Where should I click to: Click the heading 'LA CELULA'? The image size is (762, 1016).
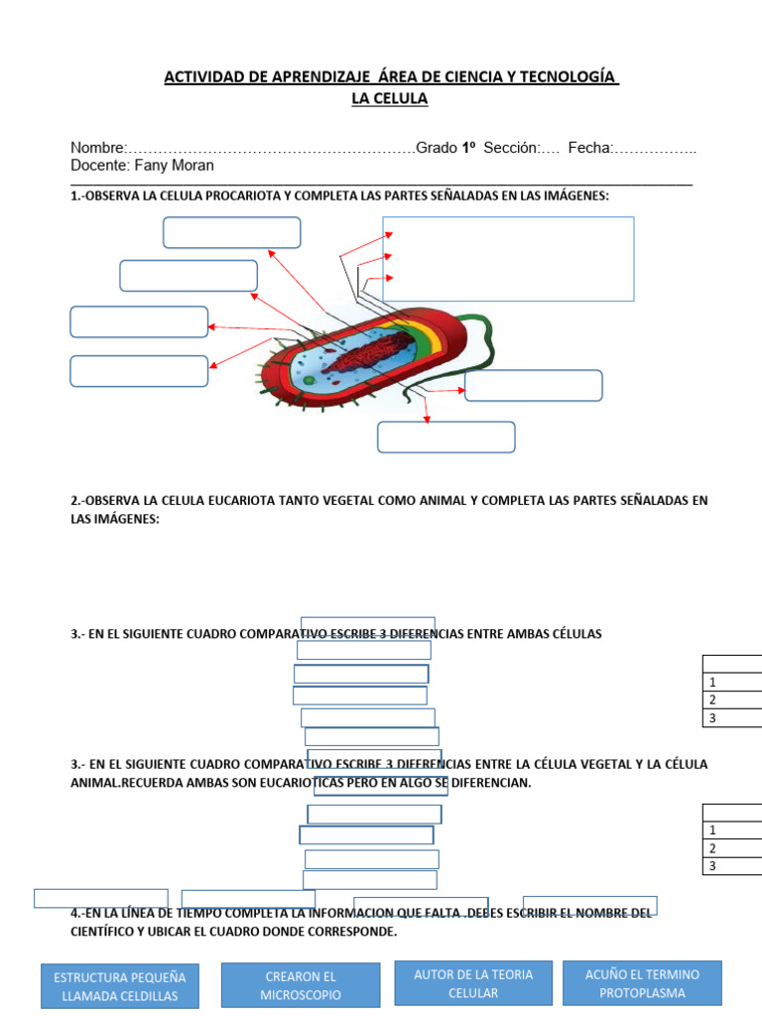389,98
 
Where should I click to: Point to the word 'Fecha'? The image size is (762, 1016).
589,148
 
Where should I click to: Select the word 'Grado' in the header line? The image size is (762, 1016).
437,148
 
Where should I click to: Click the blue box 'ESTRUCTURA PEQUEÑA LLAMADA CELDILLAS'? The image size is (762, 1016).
119,984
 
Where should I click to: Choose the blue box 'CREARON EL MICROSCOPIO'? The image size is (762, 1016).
301,985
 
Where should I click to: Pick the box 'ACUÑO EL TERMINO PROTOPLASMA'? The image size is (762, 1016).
642,983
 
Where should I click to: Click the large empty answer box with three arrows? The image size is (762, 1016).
508,259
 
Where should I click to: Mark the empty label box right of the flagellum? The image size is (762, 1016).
533,385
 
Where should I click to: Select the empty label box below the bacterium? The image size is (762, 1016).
446,437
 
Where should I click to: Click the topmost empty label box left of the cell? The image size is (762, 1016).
231,232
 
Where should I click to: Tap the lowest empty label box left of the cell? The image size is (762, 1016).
139,371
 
